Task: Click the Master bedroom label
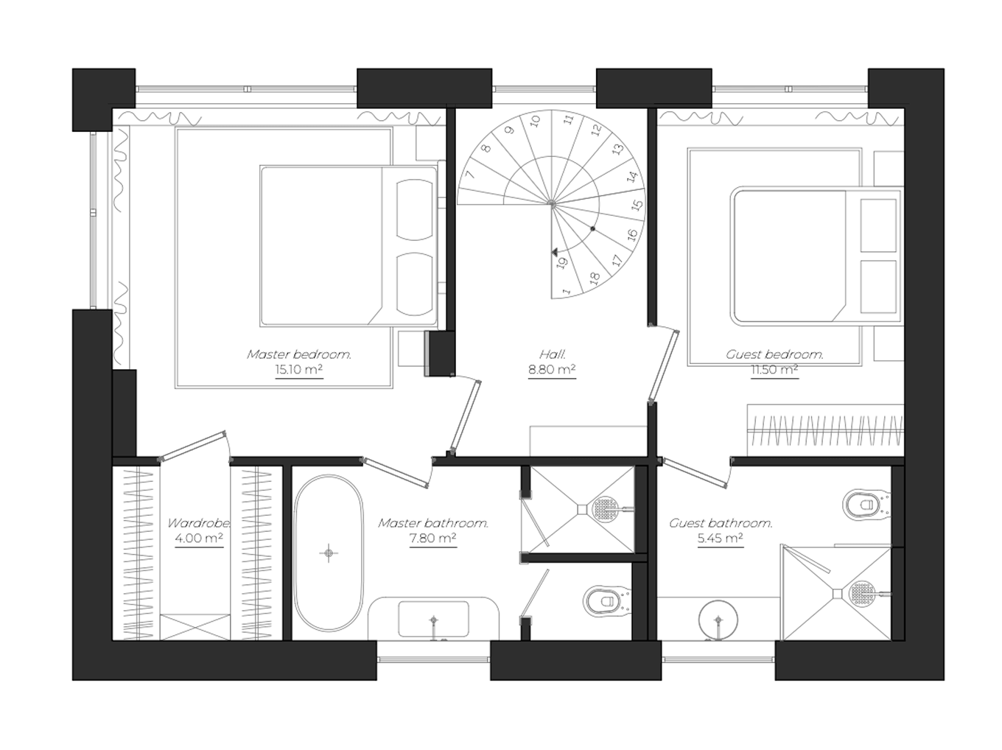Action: [299, 354]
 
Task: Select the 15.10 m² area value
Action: [299, 370]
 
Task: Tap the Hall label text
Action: [552, 354]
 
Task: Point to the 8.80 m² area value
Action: [552, 370]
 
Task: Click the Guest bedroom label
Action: [774, 354]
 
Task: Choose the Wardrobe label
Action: [198, 523]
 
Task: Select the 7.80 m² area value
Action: [432, 539]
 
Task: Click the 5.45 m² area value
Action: [720, 539]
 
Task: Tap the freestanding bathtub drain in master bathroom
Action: [329, 553]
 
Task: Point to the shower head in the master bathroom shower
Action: [606, 508]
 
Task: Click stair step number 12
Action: [597, 130]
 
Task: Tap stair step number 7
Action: [469, 175]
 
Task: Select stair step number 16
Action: [632, 235]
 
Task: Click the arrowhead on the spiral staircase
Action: [555, 253]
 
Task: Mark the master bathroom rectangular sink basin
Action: [433, 619]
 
